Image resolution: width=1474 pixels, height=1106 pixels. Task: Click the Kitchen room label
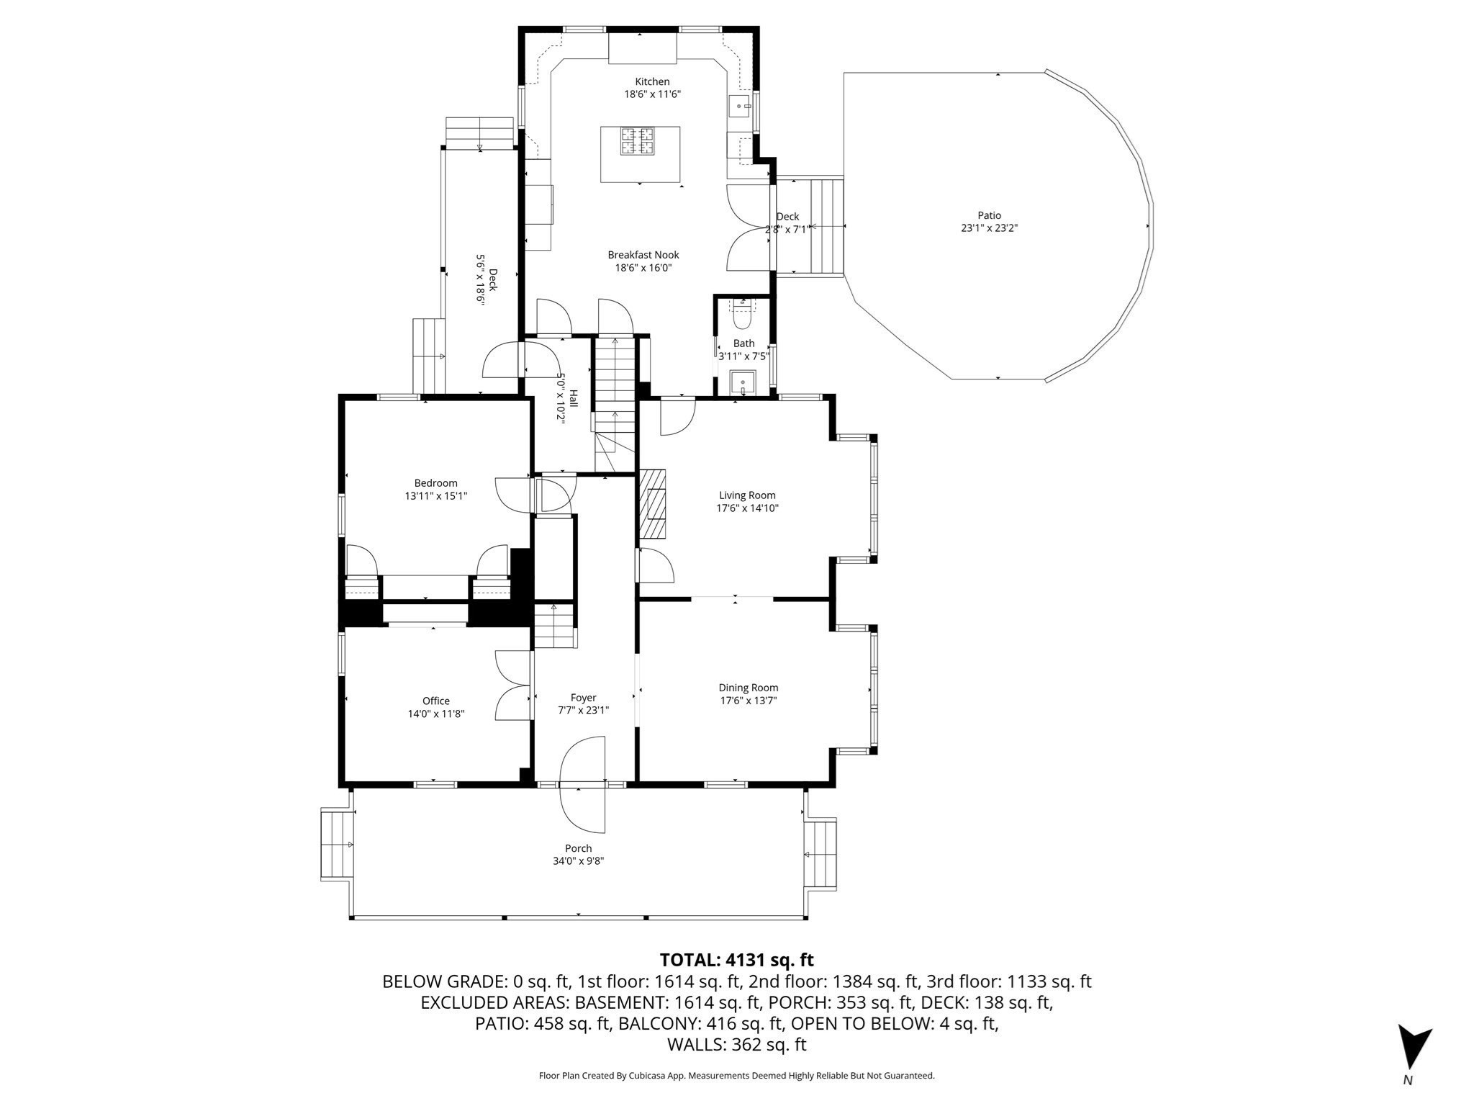click(652, 81)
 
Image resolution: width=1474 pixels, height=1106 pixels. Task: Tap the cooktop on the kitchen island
click(638, 140)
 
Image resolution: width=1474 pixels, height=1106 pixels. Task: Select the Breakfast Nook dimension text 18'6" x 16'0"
click(643, 268)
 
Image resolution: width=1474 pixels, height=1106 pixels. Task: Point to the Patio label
click(989, 215)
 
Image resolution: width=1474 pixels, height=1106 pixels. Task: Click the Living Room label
click(748, 495)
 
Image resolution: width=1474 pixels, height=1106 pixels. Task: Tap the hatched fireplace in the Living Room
click(654, 503)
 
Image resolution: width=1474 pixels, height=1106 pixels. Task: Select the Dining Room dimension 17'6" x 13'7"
click(749, 701)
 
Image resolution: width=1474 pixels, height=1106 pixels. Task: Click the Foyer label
click(584, 698)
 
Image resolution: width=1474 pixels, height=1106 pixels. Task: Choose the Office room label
click(436, 701)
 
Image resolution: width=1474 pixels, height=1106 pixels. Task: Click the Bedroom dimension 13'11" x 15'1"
click(436, 495)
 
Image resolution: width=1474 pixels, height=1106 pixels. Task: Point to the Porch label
click(579, 848)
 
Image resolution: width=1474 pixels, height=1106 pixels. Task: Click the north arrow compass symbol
click(1414, 1048)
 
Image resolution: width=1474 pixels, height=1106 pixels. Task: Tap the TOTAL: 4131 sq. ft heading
click(737, 960)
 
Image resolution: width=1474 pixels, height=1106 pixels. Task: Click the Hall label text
click(574, 398)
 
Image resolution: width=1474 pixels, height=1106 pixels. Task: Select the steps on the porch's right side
click(820, 854)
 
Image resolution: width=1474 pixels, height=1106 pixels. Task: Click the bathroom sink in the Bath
click(742, 382)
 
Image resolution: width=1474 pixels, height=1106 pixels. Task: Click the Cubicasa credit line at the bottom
click(737, 1076)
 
